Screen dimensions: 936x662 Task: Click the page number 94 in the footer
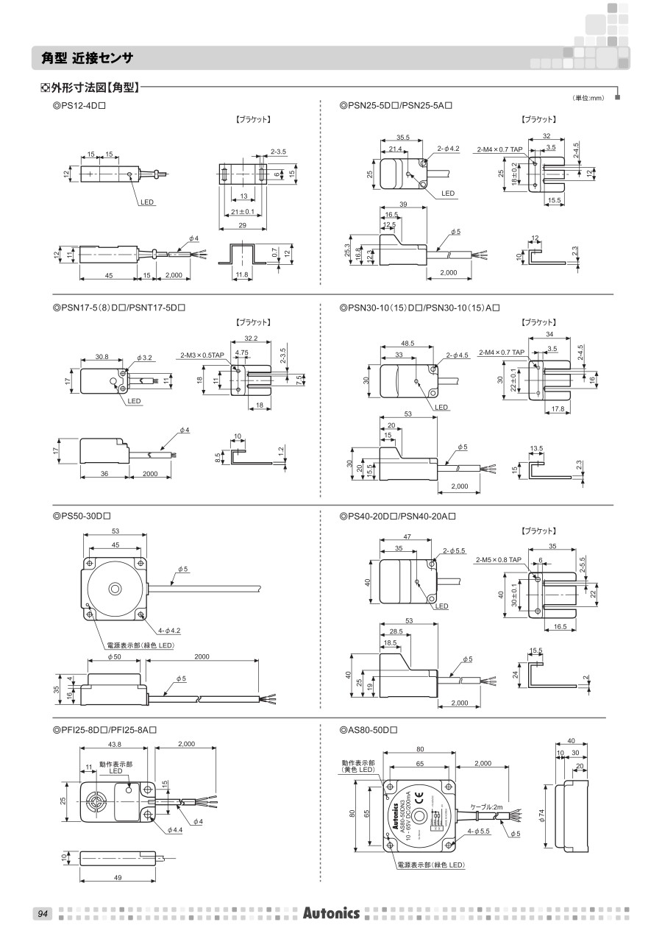(42, 914)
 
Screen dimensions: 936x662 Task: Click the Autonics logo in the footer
(331, 913)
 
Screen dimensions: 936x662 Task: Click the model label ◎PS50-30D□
(82, 516)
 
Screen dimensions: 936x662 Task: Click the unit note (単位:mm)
(588, 98)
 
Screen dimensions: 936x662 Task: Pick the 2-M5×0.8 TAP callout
(499, 560)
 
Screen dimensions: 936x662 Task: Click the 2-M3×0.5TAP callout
(204, 355)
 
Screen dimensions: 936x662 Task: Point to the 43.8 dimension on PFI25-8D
(114, 745)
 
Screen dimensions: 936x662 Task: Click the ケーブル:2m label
(487, 807)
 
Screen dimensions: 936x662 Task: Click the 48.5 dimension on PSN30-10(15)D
(407, 343)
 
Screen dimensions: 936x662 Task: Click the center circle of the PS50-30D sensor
(114, 589)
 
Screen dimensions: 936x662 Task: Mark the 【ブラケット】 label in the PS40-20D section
(538, 531)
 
